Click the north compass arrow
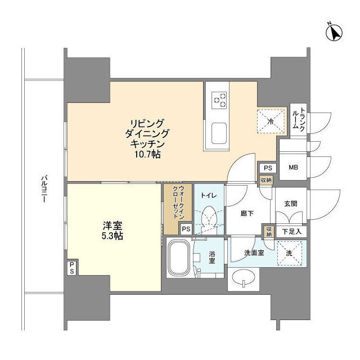(334, 33)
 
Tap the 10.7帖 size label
(147, 154)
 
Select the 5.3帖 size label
(112, 236)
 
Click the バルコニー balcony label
(44, 189)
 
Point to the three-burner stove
(219, 100)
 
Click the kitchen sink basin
(219, 133)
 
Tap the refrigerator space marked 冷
(271, 121)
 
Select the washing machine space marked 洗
(289, 254)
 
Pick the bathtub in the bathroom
(179, 258)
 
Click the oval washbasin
(244, 277)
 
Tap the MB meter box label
(293, 168)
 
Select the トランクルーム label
(299, 119)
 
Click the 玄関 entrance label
(291, 204)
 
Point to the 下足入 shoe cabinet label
(291, 231)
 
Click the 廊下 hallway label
(247, 214)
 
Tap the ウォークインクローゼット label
(178, 202)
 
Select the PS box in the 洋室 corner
(72, 267)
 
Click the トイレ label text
(209, 196)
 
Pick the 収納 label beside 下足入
(269, 231)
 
